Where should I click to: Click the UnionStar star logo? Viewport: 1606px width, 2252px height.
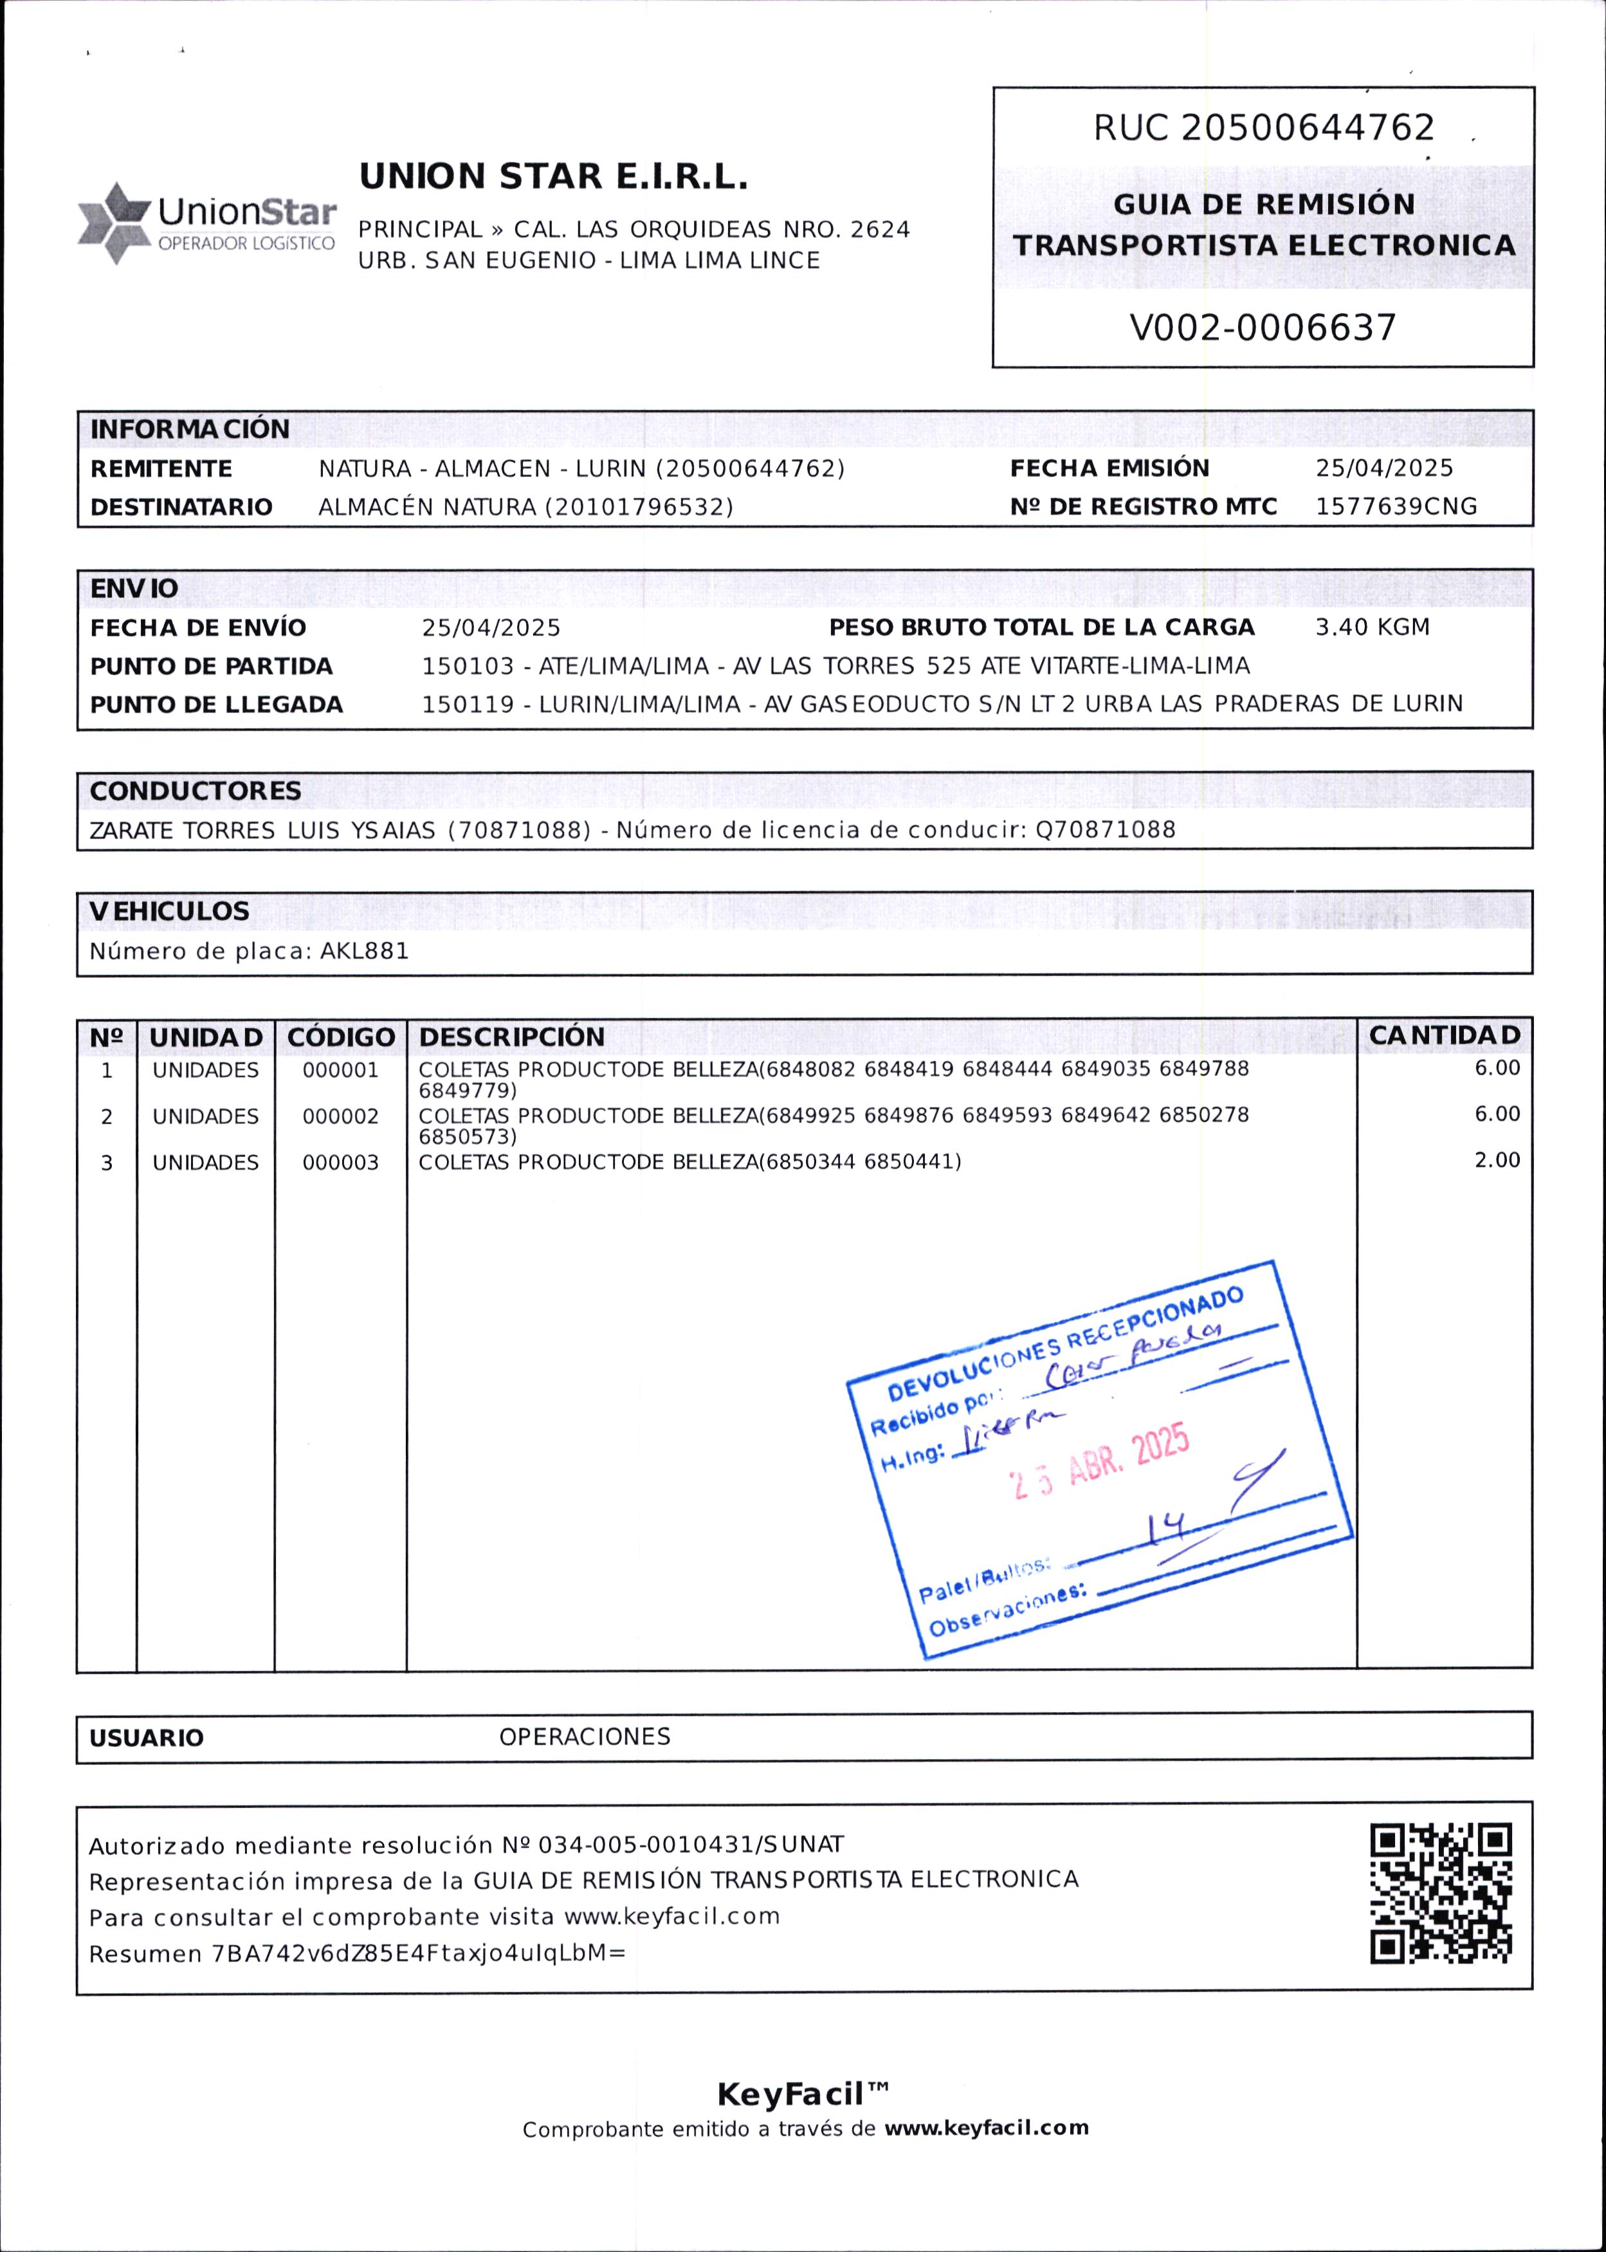coord(114,223)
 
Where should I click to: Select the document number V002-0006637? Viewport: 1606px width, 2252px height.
coord(1263,328)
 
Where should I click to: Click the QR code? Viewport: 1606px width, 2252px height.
coord(1441,1893)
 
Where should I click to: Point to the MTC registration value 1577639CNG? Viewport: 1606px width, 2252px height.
coord(1395,506)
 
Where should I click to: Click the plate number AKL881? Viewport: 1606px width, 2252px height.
coord(364,952)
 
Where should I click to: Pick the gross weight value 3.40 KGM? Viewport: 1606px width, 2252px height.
coord(1372,627)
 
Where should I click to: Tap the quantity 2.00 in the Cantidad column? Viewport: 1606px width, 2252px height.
coord(1496,1160)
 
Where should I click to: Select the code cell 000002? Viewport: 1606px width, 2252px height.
coord(340,1116)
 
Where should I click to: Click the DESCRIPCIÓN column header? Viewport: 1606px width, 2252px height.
coord(511,1037)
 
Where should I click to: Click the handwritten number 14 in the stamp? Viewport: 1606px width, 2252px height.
coord(1166,1529)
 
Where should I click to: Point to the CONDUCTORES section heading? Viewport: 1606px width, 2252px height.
coord(195,791)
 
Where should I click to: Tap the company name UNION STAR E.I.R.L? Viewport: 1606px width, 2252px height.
coord(552,177)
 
